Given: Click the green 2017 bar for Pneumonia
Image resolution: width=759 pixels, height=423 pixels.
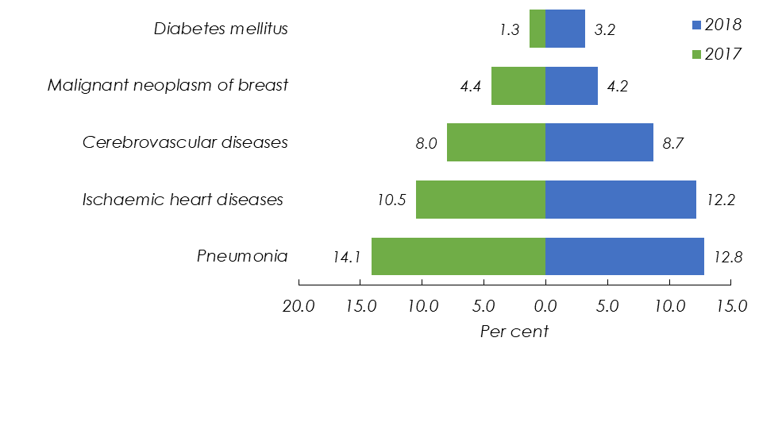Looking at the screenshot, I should point(458,256).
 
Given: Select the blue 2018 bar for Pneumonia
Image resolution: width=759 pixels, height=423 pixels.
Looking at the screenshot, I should point(624,256).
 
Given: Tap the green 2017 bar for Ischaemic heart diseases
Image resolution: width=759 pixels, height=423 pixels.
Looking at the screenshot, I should point(480,199).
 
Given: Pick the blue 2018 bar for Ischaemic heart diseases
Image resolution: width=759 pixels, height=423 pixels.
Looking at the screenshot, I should point(620,199).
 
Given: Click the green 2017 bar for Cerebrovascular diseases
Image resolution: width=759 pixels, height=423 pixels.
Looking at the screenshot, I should point(496,142).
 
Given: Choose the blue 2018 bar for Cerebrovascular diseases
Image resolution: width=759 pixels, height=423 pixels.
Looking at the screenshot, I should point(599,142).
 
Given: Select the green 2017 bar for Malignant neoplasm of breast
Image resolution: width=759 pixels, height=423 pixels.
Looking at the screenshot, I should point(518,86).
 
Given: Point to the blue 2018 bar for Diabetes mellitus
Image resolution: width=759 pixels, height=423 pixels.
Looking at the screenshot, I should point(564,29).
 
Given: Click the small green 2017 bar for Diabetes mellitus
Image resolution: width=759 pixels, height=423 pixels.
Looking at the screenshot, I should point(537,29).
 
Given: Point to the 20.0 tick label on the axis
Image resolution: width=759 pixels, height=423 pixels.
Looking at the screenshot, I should point(299,306).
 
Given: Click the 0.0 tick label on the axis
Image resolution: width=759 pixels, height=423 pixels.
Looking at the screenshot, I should point(545,306).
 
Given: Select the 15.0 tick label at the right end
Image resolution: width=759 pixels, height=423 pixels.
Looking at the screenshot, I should point(731,306).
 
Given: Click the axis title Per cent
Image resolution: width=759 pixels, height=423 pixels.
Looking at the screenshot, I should point(514,332).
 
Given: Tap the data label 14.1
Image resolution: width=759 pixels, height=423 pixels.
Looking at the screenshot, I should point(347,257).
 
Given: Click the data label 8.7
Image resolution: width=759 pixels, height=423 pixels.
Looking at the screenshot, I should point(672,143).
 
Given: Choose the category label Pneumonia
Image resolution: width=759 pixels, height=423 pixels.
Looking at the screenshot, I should point(242,256).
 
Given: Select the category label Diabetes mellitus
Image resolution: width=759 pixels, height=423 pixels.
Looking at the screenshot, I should point(221,29).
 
